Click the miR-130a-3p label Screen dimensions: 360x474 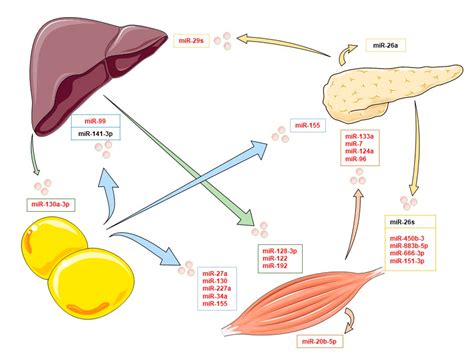coord(56,204)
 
